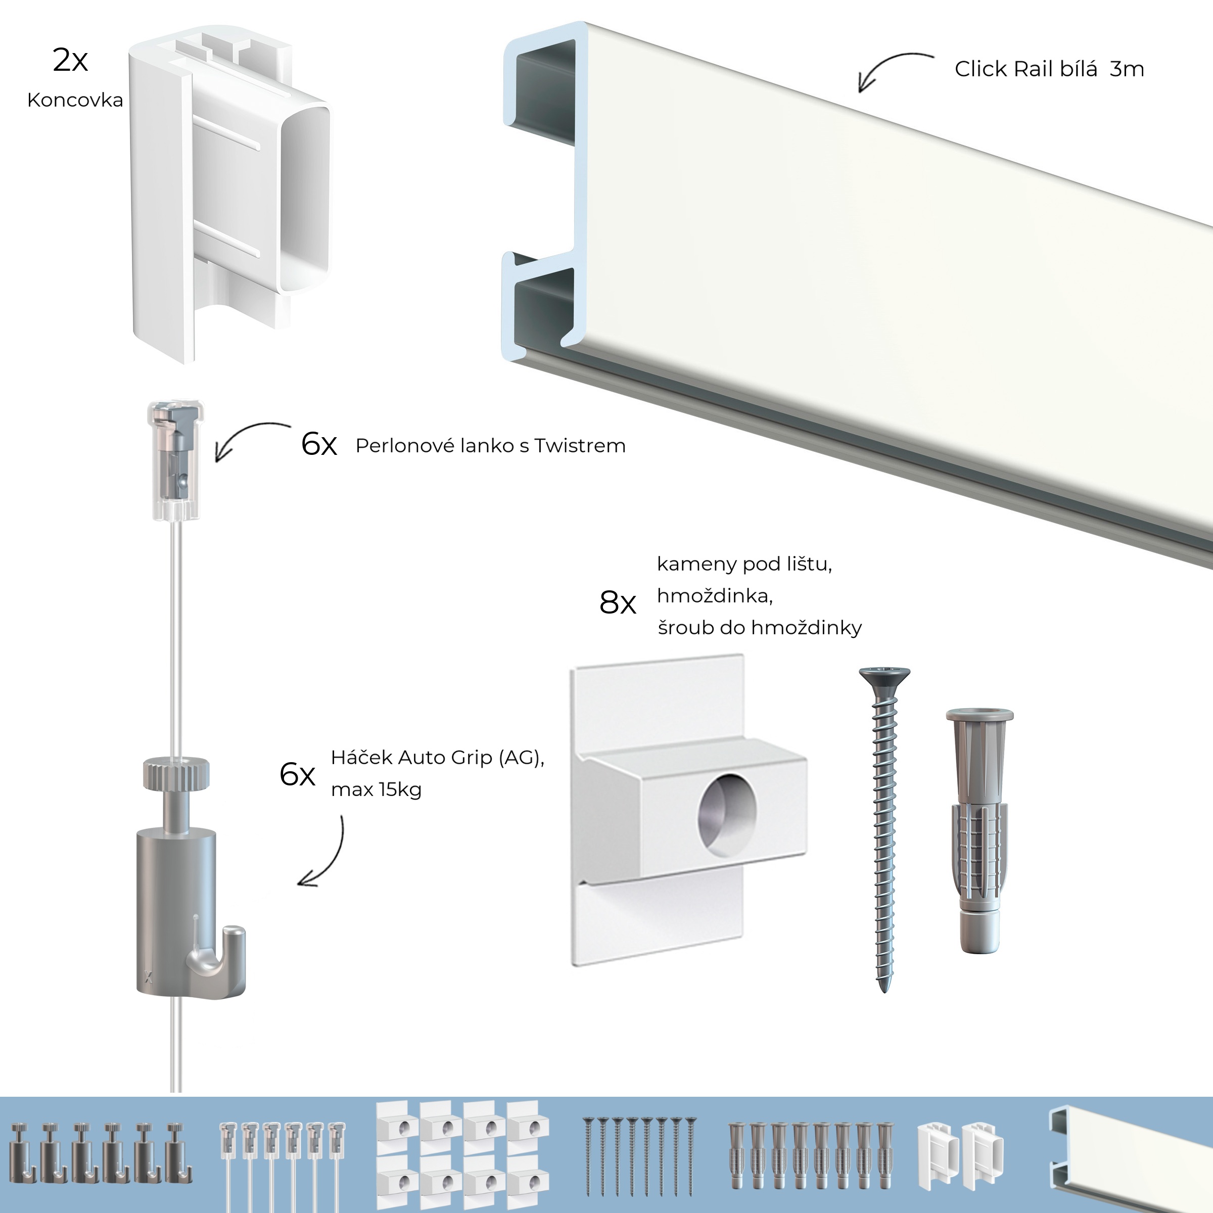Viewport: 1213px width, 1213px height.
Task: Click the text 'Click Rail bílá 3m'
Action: pos(1049,69)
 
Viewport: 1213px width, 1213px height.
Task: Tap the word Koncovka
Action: pos(75,101)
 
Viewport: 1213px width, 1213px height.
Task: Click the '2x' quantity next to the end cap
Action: pos(70,60)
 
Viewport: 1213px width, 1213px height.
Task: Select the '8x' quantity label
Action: pos(617,603)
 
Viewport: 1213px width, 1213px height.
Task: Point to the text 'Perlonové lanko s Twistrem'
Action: pos(490,446)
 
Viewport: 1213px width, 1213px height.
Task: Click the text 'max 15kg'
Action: pos(376,790)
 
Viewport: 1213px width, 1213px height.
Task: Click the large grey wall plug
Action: pos(978,829)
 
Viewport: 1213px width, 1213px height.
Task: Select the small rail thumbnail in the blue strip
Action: pos(1130,1154)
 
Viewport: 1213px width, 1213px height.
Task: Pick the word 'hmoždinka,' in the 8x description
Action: pos(715,596)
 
